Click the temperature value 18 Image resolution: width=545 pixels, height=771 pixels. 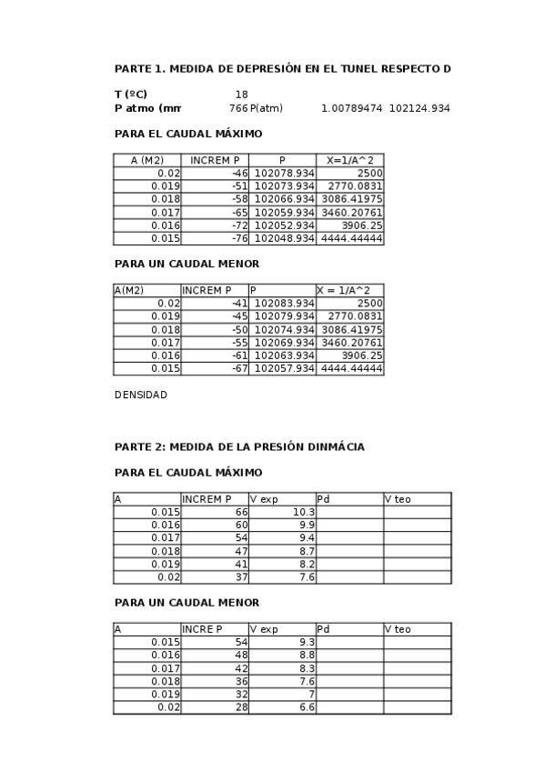(x=241, y=95)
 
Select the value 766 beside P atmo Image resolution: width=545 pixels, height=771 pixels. (x=238, y=108)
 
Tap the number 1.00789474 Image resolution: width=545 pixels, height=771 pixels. (x=351, y=108)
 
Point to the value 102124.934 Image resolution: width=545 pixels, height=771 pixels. (x=419, y=108)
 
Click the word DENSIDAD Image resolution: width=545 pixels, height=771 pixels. (x=141, y=395)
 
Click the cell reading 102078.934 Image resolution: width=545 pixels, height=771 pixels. (x=284, y=173)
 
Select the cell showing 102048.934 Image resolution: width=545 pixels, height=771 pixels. (x=284, y=238)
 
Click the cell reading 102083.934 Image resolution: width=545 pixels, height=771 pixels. (x=284, y=304)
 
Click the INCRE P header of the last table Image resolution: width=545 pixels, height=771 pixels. (x=203, y=629)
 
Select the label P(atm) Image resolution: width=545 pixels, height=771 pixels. (x=267, y=108)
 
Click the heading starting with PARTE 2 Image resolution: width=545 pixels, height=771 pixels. (x=239, y=446)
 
